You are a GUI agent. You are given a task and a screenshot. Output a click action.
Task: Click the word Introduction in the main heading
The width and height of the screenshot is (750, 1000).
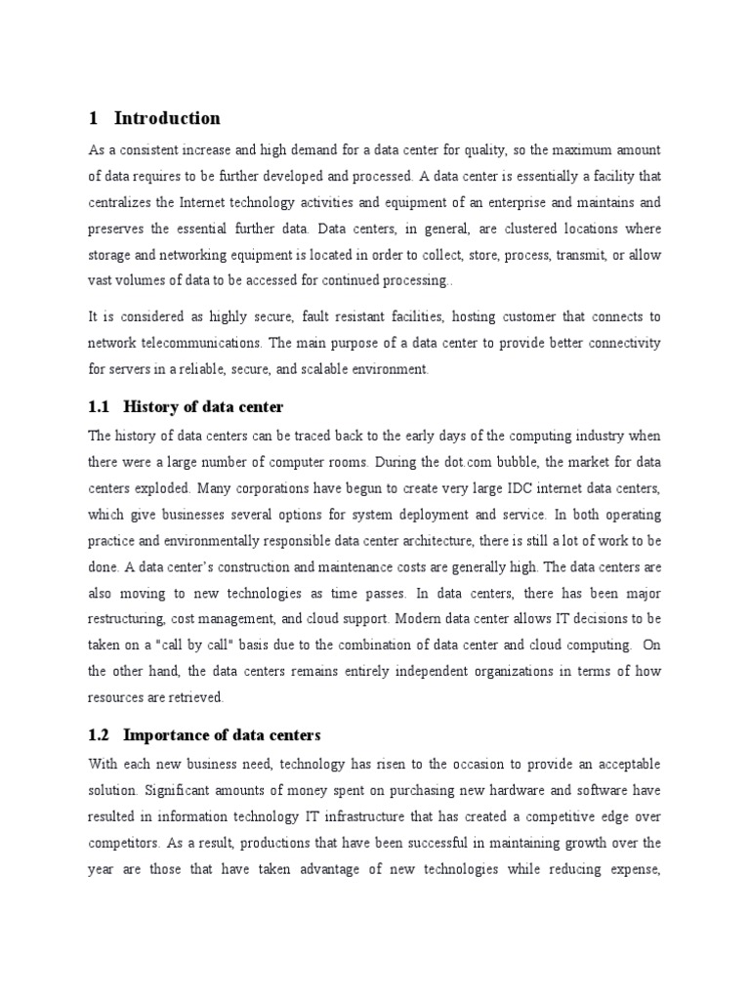click(167, 118)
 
